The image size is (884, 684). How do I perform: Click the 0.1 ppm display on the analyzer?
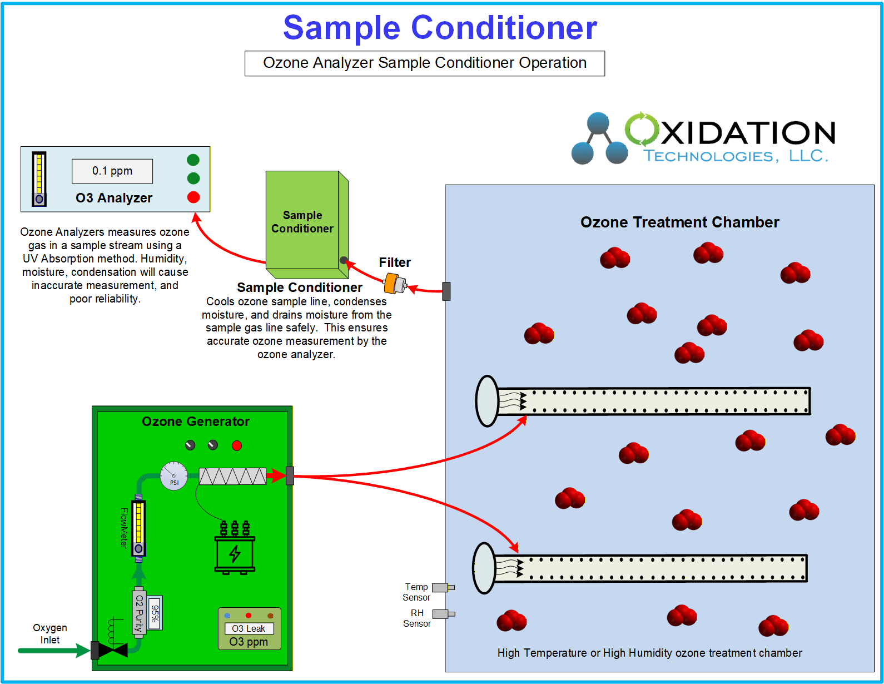click(x=112, y=171)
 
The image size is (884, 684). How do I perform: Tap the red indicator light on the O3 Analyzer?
click(x=193, y=197)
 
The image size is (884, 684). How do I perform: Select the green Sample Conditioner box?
click(x=303, y=221)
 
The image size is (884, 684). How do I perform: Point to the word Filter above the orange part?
click(x=395, y=262)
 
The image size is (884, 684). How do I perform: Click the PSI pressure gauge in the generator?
click(x=174, y=476)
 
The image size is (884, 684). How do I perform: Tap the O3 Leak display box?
click(x=249, y=628)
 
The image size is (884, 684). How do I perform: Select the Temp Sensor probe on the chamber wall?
click(x=443, y=587)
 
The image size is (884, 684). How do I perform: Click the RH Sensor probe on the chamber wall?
click(x=443, y=614)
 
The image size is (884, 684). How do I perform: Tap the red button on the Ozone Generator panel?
click(x=237, y=445)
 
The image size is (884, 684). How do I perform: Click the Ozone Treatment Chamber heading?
click(x=679, y=222)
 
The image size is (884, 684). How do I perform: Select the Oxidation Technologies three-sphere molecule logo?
click(x=599, y=139)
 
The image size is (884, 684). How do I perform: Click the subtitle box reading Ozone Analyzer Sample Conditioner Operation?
click(x=425, y=63)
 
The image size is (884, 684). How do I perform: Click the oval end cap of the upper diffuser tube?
click(x=488, y=401)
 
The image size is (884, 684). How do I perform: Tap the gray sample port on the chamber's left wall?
click(x=446, y=291)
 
